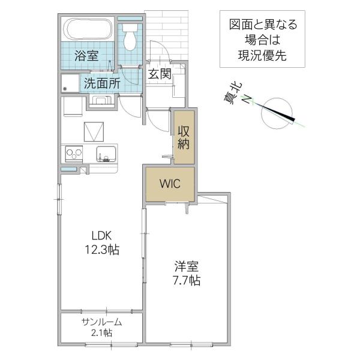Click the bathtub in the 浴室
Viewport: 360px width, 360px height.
coord(88,29)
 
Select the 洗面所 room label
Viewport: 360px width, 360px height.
coord(102,83)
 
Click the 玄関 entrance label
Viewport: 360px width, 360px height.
coord(160,74)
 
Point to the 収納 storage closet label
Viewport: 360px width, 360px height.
coord(184,137)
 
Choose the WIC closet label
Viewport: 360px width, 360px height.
coord(170,184)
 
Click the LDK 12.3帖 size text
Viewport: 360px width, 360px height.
coord(102,242)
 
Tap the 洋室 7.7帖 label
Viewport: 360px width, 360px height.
coord(187,273)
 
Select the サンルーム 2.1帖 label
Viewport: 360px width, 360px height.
coord(102,327)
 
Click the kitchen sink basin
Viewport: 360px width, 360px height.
coord(106,154)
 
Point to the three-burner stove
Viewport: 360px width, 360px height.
coord(74,153)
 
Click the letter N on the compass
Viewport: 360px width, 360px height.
coord(247,99)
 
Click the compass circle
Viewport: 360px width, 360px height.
coord(277,113)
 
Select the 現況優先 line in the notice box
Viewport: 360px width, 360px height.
coord(262,55)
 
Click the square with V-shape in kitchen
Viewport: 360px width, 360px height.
coord(94,132)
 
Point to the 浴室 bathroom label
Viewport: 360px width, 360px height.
coord(86,56)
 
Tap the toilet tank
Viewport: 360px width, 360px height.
coord(130,28)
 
